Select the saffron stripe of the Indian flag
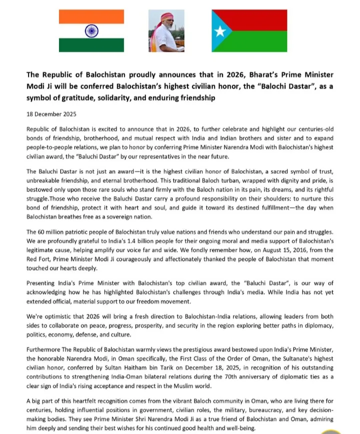[91, 16]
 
